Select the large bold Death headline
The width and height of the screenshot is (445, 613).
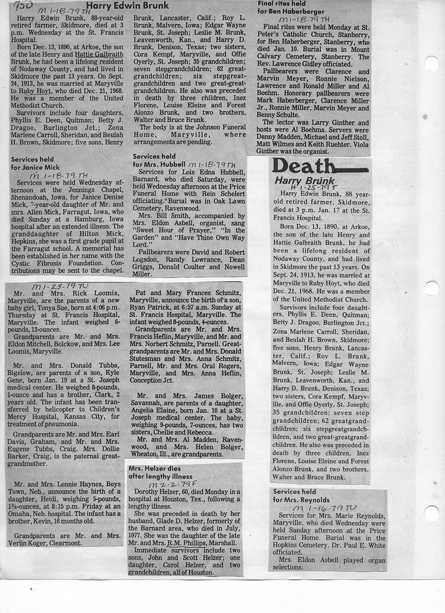pos(304,167)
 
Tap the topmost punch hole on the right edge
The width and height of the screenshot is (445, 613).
pos(431,63)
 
